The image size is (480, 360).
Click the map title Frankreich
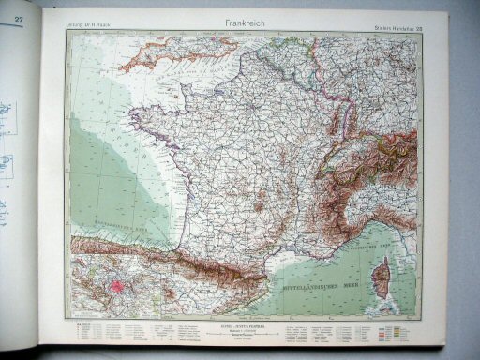(240, 20)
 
